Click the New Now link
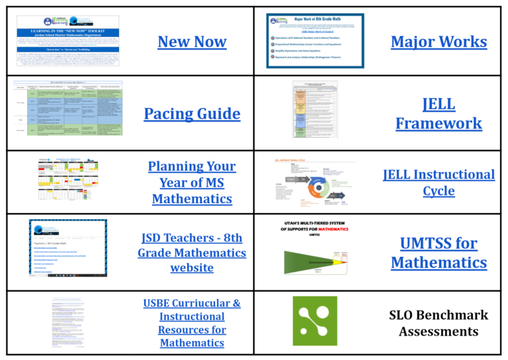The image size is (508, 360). click(x=192, y=42)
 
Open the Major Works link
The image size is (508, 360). click(x=439, y=42)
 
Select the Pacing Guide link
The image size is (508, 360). click(x=192, y=114)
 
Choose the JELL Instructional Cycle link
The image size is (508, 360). click(x=439, y=183)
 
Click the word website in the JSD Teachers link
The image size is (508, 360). click(x=192, y=269)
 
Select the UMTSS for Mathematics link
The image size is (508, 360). click(x=439, y=253)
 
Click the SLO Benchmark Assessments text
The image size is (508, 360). click(x=439, y=323)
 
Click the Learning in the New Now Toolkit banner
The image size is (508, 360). click(x=67, y=31)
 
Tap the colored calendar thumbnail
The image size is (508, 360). click(x=67, y=181)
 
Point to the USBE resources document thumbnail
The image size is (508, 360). click(x=69, y=321)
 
